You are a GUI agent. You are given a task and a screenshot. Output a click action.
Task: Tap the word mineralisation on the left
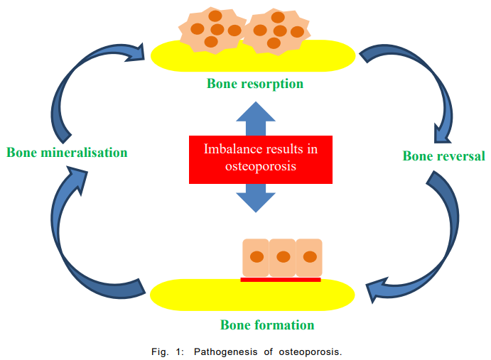pyautogui.click(x=84, y=153)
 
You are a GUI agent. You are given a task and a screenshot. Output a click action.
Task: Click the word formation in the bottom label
pyautogui.click(x=285, y=325)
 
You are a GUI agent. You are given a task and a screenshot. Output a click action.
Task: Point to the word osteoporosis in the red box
pyautogui.click(x=261, y=166)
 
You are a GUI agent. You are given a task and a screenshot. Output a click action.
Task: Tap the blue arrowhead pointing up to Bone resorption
pyautogui.click(x=256, y=111)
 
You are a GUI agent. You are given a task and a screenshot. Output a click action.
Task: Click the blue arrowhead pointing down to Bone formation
pyautogui.click(x=256, y=202)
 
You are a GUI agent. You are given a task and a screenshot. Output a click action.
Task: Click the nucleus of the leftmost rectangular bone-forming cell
pyautogui.click(x=257, y=257)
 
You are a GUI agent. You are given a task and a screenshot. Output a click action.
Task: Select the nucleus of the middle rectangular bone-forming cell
pyautogui.click(x=284, y=257)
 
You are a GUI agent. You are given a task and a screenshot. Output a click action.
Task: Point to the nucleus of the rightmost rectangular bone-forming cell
pyautogui.click(x=310, y=257)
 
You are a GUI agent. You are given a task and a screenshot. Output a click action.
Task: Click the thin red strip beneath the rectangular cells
pyautogui.click(x=281, y=280)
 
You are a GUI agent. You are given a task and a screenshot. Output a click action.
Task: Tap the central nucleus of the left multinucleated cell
pyautogui.click(x=217, y=30)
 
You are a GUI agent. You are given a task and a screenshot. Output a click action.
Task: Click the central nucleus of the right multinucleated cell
pyautogui.click(x=280, y=31)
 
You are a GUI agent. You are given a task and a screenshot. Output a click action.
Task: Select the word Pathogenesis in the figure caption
pyautogui.click(x=225, y=352)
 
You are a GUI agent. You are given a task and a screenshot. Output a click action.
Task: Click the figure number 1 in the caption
pyautogui.click(x=179, y=352)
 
